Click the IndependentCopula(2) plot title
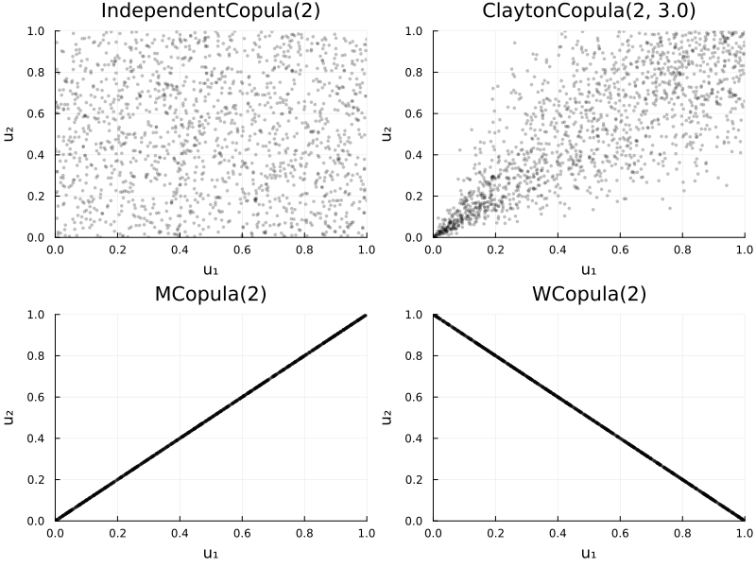tap(211, 11)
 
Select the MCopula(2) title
tap(211, 294)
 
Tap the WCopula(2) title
tap(589, 294)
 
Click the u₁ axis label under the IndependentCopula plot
tap(211, 270)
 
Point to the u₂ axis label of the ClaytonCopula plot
tap(387, 134)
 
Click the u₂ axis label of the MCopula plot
tap(9, 418)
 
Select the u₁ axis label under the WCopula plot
tap(589, 554)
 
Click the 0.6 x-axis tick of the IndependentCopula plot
tap(242, 249)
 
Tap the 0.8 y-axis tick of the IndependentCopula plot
tap(36, 73)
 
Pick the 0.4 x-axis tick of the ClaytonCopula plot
tap(558, 249)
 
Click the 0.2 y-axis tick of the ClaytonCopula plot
tap(414, 197)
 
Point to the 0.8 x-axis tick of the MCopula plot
tap(304, 533)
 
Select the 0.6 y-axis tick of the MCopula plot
tap(36, 397)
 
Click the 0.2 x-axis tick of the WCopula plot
tap(495, 533)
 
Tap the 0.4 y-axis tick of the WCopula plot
tap(414, 438)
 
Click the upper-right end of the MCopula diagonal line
tap(366, 316)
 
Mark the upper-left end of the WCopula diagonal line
tap(434, 316)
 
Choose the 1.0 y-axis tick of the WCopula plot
tap(414, 315)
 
